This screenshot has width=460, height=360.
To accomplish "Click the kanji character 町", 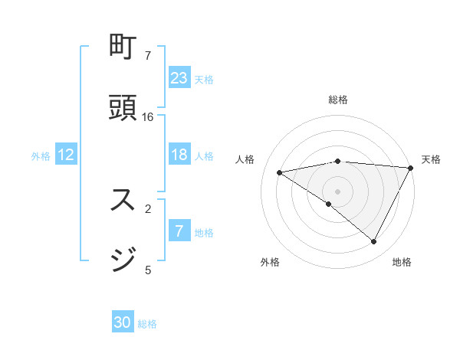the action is click(123, 48).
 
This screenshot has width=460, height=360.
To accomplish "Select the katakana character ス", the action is click(123, 200).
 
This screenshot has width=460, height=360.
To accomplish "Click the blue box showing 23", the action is click(179, 77).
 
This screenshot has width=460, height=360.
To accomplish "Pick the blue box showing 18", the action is click(179, 155).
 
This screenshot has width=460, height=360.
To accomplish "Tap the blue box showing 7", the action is click(179, 231).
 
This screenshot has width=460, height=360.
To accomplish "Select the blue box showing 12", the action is click(66, 155).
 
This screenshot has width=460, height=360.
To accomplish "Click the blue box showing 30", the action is click(123, 322).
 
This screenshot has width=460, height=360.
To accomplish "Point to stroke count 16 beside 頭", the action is click(148, 116).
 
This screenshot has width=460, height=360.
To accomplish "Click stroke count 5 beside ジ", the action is click(147, 269).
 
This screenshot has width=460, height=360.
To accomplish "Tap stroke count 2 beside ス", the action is click(147, 208).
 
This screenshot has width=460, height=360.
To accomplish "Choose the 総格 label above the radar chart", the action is click(338, 100).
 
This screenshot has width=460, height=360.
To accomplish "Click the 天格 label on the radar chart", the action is click(431, 159).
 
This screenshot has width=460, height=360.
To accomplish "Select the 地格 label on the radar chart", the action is click(402, 262).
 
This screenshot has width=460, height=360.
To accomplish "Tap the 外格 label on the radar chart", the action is click(270, 262).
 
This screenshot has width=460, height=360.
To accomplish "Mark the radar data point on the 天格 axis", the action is click(412, 168).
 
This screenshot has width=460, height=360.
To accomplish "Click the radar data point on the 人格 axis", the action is click(279, 172).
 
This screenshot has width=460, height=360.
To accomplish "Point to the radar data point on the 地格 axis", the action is click(374, 242).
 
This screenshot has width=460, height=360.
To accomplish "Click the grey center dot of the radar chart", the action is click(338, 191).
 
